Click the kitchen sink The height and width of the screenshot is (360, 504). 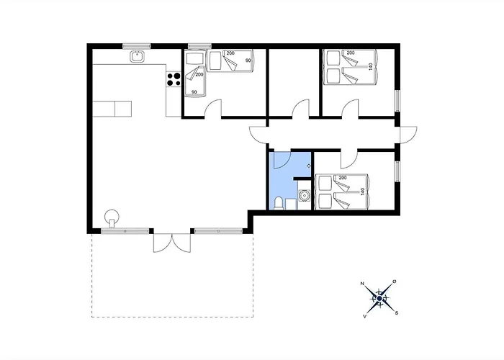(138, 57)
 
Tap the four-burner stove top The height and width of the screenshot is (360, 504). (174, 79)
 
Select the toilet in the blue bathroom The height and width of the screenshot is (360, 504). (279, 204)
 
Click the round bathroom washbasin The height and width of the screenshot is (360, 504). (304, 195)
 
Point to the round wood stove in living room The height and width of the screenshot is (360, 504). (112, 217)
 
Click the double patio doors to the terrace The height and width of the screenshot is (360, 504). (172, 243)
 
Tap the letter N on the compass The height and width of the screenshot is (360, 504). (362, 284)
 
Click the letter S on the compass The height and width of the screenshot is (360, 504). (397, 312)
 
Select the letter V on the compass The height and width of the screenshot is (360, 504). (365, 316)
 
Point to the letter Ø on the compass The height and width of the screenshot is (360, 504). (395, 282)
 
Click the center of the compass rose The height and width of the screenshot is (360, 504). (379, 299)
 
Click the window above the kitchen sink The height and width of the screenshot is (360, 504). (137, 46)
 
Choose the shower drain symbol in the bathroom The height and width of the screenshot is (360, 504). (309, 166)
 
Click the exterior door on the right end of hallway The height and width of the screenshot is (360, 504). (408, 135)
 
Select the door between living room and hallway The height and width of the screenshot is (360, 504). (258, 135)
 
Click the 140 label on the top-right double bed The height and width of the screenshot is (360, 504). (371, 67)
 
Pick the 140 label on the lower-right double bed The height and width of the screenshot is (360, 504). (363, 192)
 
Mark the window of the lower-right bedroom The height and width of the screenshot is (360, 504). (397, 171)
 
